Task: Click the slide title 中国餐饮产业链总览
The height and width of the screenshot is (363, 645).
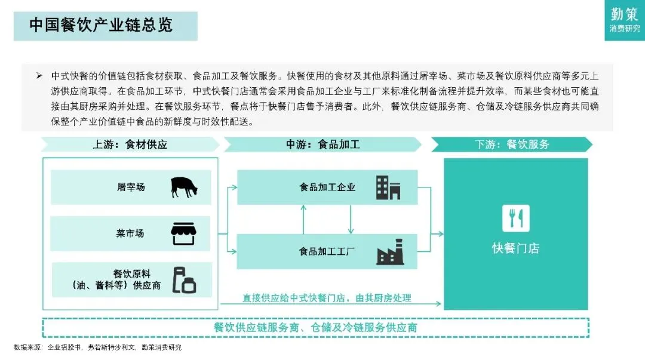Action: point(101,25)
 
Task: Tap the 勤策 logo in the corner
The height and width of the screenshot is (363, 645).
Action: point(624,19)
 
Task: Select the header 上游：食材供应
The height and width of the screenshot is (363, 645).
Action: point(130,144)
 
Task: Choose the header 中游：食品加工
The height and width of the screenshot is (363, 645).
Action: point(322,144)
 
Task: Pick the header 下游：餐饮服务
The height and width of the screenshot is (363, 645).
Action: point(512,144)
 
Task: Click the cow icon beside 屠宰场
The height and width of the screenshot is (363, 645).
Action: point(184,187)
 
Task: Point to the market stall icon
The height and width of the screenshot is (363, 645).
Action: point(184,233)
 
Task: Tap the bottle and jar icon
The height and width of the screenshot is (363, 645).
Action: point(184,280)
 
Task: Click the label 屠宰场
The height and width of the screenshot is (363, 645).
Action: point(131,187)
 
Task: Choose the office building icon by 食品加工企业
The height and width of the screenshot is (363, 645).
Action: point(388,187)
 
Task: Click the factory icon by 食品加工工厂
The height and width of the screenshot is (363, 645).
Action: point(390,251)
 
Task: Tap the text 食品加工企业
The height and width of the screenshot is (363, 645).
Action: point(327,187)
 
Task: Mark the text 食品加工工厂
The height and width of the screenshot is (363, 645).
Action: point(327,251)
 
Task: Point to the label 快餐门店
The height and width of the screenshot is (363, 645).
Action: point(515,248)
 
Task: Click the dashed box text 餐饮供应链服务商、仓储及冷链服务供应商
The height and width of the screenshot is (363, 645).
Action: point(315,328)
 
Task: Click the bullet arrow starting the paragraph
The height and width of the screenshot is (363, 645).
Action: point(39,76)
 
